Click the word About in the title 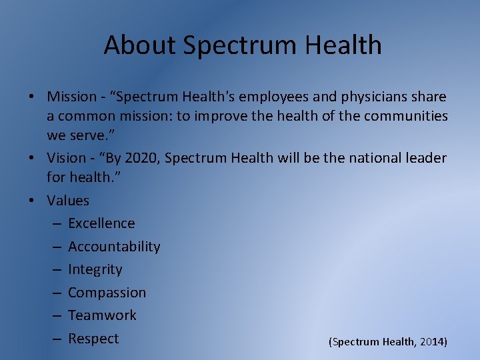139,45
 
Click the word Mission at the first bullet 71,97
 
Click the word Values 68,201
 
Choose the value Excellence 101,223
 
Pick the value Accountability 114,247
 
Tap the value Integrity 95,269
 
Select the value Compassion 107,293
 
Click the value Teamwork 102,315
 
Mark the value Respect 93,339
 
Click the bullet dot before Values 32,201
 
